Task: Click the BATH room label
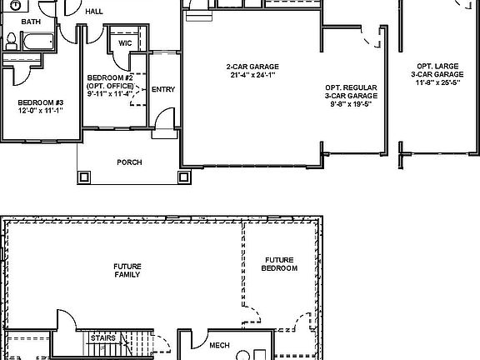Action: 30,21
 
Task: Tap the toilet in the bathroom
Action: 12,40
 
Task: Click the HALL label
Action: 94,12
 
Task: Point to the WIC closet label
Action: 125,42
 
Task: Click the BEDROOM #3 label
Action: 34,103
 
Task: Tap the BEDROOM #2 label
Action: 105,77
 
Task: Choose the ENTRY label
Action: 163,89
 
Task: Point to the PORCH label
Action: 128,162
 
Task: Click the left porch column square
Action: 83,177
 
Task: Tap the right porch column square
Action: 183,177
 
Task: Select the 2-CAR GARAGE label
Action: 252,66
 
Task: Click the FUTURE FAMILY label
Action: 127,270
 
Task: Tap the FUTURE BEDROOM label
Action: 279,264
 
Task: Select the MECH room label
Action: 219,344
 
